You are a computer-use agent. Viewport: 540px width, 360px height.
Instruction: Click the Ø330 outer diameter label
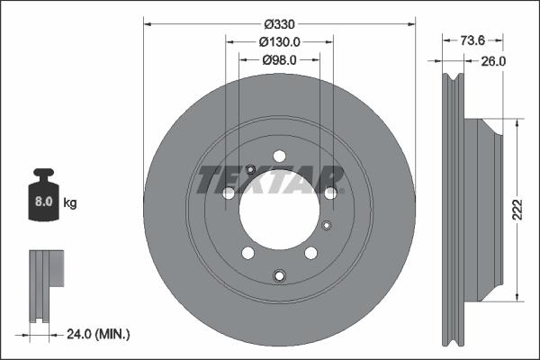[279, 23]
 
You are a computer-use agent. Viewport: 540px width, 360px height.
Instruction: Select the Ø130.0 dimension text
[279, 41]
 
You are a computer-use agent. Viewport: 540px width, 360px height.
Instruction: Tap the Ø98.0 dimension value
[279, 59]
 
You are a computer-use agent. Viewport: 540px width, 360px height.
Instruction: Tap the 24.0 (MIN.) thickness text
[99, 335]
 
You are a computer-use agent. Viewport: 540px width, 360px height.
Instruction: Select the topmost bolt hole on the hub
[279, 155]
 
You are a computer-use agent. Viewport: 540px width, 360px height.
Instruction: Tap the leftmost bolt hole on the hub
[229, 193]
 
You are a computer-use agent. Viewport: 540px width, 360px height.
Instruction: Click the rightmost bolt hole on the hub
[330, 193]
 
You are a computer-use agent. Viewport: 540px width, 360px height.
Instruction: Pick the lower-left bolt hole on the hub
[247, 253]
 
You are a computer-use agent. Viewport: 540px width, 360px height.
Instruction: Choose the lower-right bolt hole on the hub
[310, 253]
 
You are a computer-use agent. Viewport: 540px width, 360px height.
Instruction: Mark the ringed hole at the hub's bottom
[279, 275]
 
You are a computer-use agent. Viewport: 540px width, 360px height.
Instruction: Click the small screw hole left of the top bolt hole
[251, 170]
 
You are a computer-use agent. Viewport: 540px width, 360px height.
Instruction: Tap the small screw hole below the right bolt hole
[326, 225]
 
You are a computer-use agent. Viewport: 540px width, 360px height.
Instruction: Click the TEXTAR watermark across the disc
[271, 179]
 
